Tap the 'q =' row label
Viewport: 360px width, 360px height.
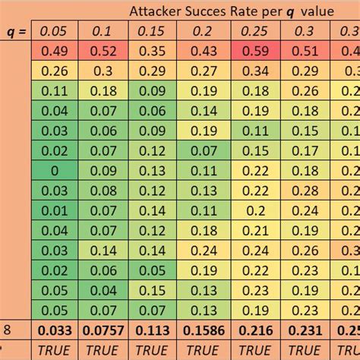(x=14, y=32)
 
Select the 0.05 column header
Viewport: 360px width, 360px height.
(x=55, y=32)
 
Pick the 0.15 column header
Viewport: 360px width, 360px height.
(x=153, y=32)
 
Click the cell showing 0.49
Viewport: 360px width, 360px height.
(x=55, y=52)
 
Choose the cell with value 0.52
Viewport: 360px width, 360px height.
(x=104, y=52)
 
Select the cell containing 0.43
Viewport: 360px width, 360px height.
(x=202, y=52)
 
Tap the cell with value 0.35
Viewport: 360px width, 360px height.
(x=153, y=52)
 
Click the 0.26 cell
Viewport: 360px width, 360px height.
(x=55, y=71)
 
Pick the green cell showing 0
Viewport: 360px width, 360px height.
(x=55, y=170)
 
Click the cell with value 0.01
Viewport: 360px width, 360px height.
(x=55, y=210)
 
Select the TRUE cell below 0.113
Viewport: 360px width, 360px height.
(x=153, y=350)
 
